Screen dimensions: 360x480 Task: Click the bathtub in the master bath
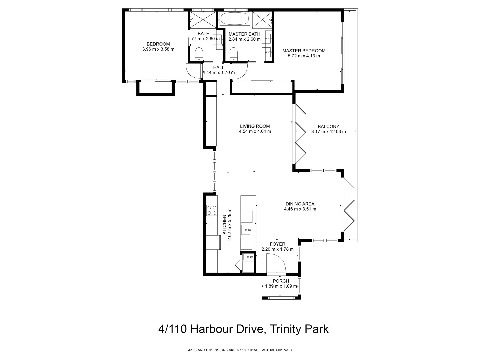235,19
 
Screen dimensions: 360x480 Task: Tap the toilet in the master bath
234,54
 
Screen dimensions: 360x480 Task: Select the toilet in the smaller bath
199,54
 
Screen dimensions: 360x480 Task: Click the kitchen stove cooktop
212,210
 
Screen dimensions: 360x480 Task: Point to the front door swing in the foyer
276,263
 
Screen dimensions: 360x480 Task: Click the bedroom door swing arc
193,71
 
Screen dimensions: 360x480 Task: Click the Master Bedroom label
304,51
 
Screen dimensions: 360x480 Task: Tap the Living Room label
255,126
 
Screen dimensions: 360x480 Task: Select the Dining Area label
300,204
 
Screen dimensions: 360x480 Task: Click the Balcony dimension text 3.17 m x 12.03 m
328,132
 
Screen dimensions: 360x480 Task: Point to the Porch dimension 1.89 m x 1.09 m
281,286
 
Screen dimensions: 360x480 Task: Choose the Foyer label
277,244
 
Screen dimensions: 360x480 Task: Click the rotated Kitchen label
224,224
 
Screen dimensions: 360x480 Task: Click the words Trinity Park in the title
299,329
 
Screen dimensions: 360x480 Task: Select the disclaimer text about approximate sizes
240,350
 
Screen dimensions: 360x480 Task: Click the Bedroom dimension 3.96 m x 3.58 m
158,49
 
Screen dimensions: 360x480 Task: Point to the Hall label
219,67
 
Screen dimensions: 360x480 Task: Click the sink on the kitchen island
247,230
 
